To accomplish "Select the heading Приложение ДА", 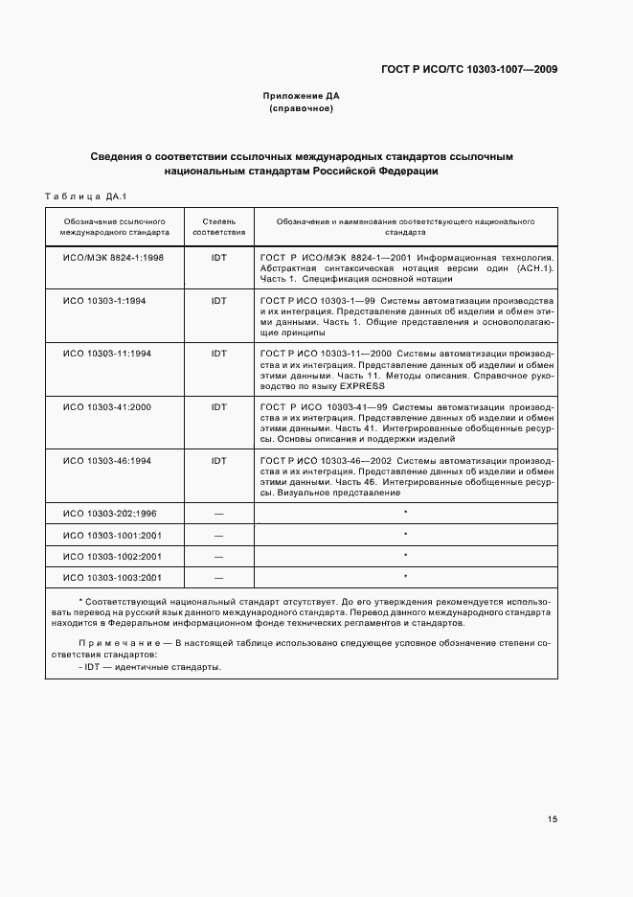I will (x=301, y=96).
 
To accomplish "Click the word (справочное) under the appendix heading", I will (x=301, y=108).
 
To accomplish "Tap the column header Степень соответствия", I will (x=218, y=226).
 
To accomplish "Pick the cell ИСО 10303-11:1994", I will (x=107, y=354).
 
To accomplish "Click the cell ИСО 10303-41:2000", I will (x=107, y=407).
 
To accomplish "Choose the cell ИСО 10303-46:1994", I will (x=107, y=461).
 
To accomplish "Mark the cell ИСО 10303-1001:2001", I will (x=111, y=535).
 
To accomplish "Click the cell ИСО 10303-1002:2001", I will (x=111, y=556).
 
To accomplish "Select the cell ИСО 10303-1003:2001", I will (x=111, y=577).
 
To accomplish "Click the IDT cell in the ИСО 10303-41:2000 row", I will (x=218, y=407).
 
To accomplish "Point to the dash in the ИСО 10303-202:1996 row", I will (x=218, y=515).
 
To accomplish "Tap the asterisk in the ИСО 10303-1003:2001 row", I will (x=405, y=577).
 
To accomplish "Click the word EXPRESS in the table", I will (x=359, y=386).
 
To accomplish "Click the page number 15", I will (x=553, y=819).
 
